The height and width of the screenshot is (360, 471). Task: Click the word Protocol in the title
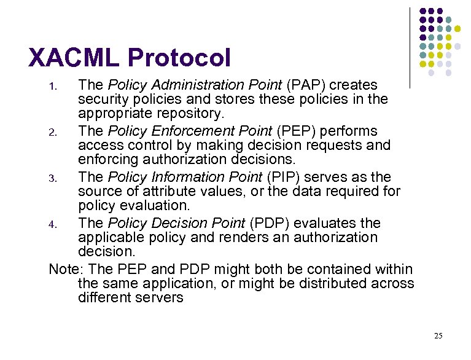coord(179,58)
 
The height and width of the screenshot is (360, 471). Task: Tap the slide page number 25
coord(438,335)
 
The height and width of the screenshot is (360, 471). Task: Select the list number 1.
coord(53,86)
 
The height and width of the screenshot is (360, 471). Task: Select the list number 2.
coord(53,132)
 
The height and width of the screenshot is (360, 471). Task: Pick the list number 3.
coord(53,178)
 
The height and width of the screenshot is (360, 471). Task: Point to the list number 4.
coord(53,224)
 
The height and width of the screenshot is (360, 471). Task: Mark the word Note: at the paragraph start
coord(63,269)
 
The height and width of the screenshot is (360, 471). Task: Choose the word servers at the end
coord(162,298)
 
